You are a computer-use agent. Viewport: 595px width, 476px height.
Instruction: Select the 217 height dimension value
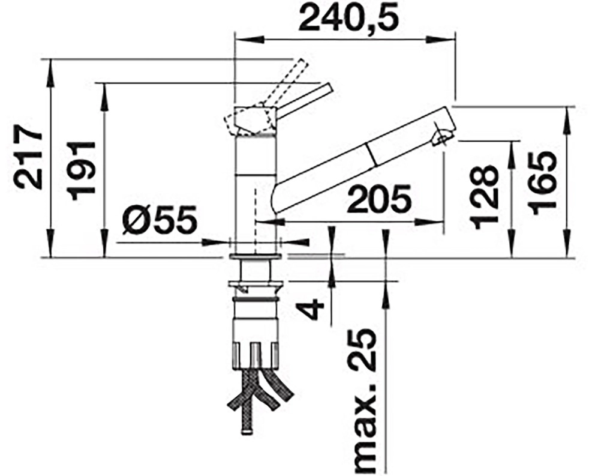[x=28, y=159]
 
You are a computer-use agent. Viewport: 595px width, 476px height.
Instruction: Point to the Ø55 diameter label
[x=160, y=220]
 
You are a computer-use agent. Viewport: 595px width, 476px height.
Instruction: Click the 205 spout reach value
[x=380, y=199]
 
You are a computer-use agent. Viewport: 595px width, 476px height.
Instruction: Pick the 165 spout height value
[x=542, y=184]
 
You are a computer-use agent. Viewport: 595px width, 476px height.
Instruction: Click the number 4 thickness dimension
[x=313, y=309]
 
